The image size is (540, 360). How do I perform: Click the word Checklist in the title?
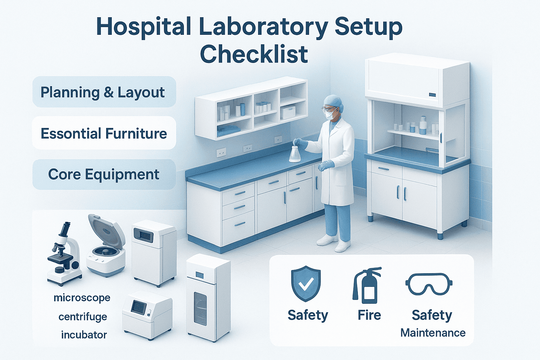click(x=254, y=54)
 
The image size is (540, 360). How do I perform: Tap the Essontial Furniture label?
click(x=104, y=133)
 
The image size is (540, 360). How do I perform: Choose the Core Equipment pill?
click(x=104, y=174)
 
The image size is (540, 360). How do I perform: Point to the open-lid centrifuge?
click(x=105, y=246)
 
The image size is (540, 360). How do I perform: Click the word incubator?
click(x=84, y=335)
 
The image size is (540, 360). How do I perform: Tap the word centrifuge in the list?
click(x=83, y=317)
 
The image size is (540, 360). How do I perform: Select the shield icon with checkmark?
click(x=306, y=283)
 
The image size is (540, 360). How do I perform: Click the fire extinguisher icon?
click(x=367, y=285)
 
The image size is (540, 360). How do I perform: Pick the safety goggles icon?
click(x=429, y=284)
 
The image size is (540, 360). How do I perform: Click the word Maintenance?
click(x=433, y=333)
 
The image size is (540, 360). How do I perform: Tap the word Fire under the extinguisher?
click(x=369, y=315)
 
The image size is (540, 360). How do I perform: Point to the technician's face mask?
click(x=329, y=115)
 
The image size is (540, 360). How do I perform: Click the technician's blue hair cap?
click(x=333, y=101)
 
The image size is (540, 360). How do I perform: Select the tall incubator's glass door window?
click(x=200, y=308)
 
